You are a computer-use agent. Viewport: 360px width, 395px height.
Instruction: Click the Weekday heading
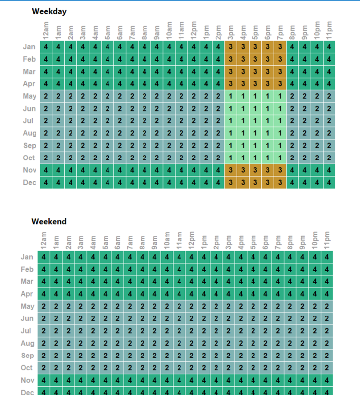tap(49, 11)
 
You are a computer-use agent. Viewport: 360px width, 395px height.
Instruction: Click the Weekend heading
tap(49, 221)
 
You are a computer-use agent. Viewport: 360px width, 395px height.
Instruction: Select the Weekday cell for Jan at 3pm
tap(230, 47)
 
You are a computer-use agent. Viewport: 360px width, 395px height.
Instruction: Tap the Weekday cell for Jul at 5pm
tap(255, 121)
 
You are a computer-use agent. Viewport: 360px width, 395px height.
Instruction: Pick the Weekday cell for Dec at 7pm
tap(280, 183)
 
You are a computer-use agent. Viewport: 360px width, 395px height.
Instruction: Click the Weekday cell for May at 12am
tap(45, 96)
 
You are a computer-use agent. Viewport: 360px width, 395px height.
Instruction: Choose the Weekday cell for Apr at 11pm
tap(329, 84)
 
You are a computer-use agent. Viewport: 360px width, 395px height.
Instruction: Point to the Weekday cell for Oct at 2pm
tap(218, 158)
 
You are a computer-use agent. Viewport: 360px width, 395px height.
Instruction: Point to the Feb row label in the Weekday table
tap(29, 59)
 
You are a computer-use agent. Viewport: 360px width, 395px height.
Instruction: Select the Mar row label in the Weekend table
tap(27, 281)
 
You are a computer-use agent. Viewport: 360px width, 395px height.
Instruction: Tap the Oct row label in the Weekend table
tap(27, 368)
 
